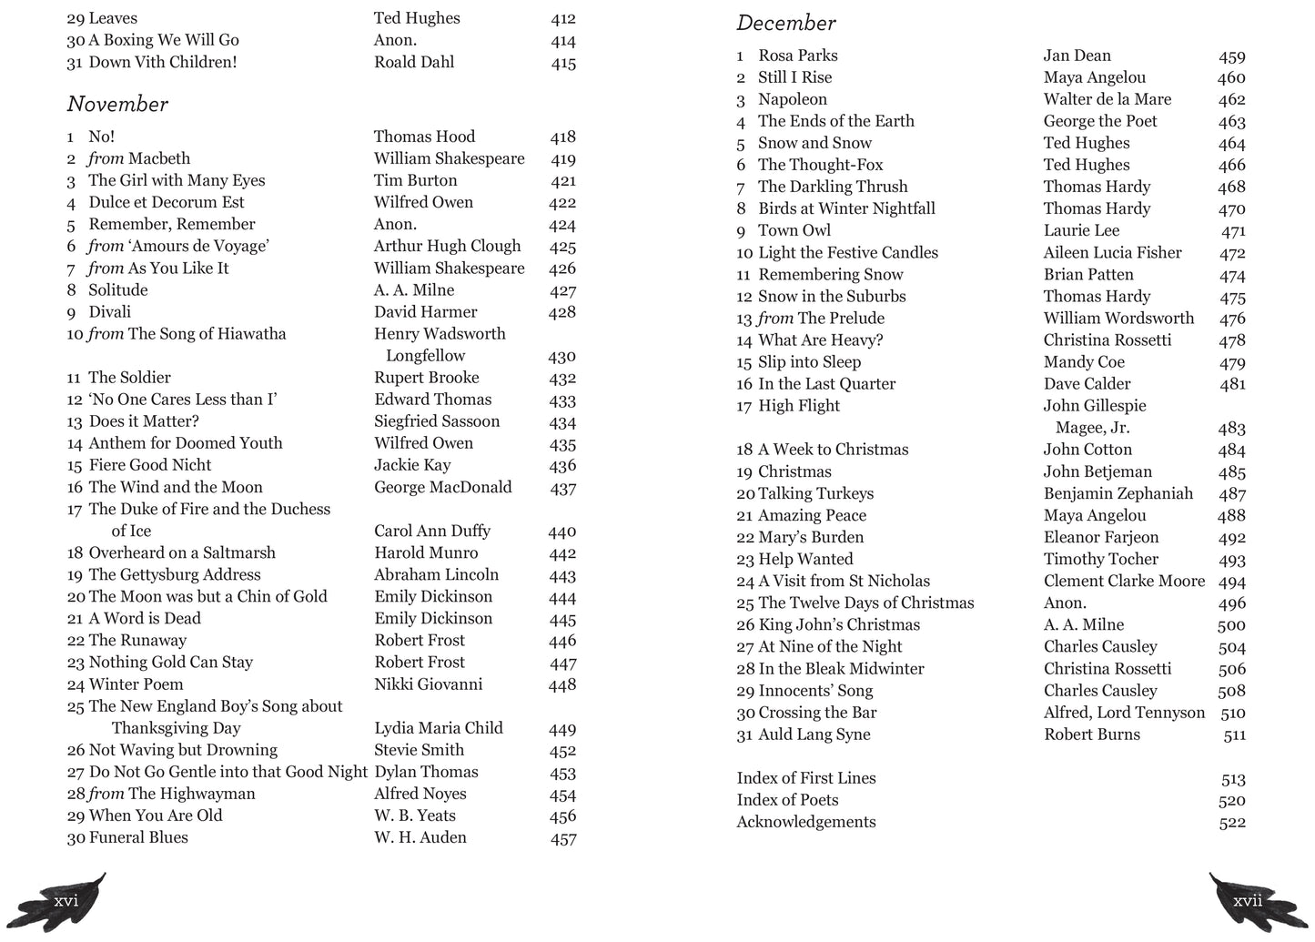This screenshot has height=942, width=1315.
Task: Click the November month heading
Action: pos(117,105)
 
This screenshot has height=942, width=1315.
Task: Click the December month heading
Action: pos(786,24)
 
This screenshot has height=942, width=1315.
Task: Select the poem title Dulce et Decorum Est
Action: pos(166,202)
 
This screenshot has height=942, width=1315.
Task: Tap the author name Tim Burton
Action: pos(415,180)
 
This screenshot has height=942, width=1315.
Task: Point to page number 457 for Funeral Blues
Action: pos(563,838)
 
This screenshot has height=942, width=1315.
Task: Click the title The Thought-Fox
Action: pos(820,165)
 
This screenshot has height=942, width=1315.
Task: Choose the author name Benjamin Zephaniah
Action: pos(1118,493)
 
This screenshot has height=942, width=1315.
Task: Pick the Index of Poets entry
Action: pos(787,800)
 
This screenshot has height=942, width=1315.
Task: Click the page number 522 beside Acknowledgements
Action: pos(1231,823)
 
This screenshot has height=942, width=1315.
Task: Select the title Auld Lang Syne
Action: pos(814,734)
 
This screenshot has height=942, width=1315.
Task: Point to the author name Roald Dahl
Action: pos(414,62)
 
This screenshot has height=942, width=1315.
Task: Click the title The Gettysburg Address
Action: pos(175,574)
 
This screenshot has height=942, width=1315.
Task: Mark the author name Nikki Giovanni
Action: pos(428,684)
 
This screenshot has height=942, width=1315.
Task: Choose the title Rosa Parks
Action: pos(797,56)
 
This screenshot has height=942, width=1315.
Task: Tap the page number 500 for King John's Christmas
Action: pos(1231,625)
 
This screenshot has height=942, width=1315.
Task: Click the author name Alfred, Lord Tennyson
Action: pos(1124,713)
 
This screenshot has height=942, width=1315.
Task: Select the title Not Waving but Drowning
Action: pos(183,750)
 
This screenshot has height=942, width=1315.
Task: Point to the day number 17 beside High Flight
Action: pos(744,407)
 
